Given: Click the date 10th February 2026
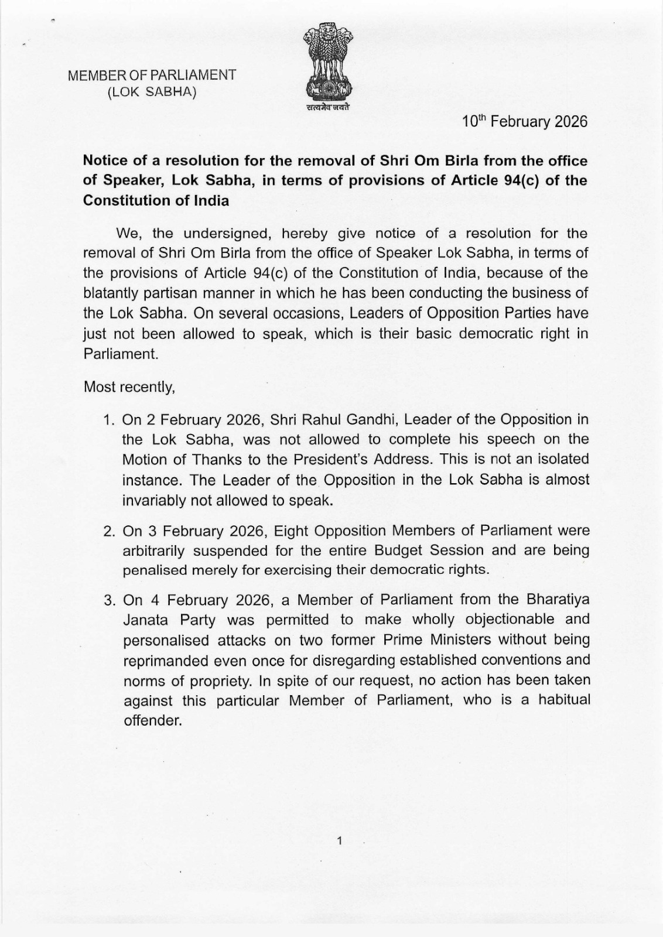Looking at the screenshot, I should pyautogui.click(x=524, y=122).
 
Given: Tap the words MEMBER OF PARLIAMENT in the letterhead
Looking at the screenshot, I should pyautogui.click(x=152, y=76).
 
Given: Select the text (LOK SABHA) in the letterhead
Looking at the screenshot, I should pyautogui.click(x=152, y=92).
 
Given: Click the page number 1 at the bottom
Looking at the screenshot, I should pyautogui.click(x=339, y=842).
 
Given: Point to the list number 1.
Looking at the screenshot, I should pyautogui.click(x=108, y=420).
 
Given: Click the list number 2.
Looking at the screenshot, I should pyautogui.click(x=108, y=531).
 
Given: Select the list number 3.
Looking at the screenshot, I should pyautogui.click(x=108, y=600).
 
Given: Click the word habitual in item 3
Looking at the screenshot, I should pyautogui.click(x=564, y=700).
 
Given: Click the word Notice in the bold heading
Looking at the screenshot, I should pyautogui.click(x=105, y=160).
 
